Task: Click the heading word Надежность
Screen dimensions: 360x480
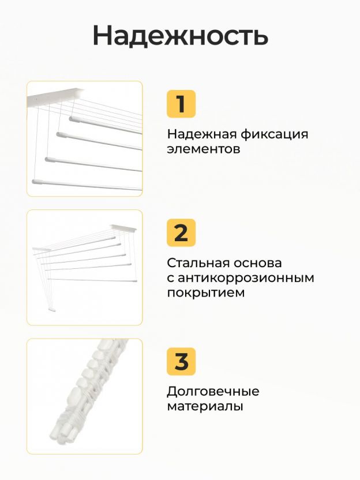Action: [x=181, y=35]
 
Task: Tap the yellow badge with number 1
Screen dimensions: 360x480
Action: [x=181, y=104]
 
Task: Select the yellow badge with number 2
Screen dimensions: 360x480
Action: [x=181, y=232]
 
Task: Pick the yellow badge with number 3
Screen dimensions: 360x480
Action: [x=181, y=361]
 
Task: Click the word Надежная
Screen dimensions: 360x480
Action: [x=201, y=134]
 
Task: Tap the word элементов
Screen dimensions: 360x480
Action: [x=204, y=149]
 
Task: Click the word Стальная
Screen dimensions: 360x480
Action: [x=198, y=263]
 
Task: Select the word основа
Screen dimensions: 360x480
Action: [x=258, y=264]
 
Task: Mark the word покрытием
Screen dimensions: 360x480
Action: [x=206, y=293]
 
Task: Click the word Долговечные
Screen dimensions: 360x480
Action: [x=213, y=392]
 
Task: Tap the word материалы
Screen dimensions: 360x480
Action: [x=205, y=407]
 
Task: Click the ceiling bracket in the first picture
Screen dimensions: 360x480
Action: [x=55, y=97]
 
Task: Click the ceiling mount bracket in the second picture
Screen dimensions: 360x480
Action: [x=123, y=227]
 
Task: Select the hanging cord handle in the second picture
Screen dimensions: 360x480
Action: [x=52, y=310]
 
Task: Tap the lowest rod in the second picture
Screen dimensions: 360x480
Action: [x=92, y=280]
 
